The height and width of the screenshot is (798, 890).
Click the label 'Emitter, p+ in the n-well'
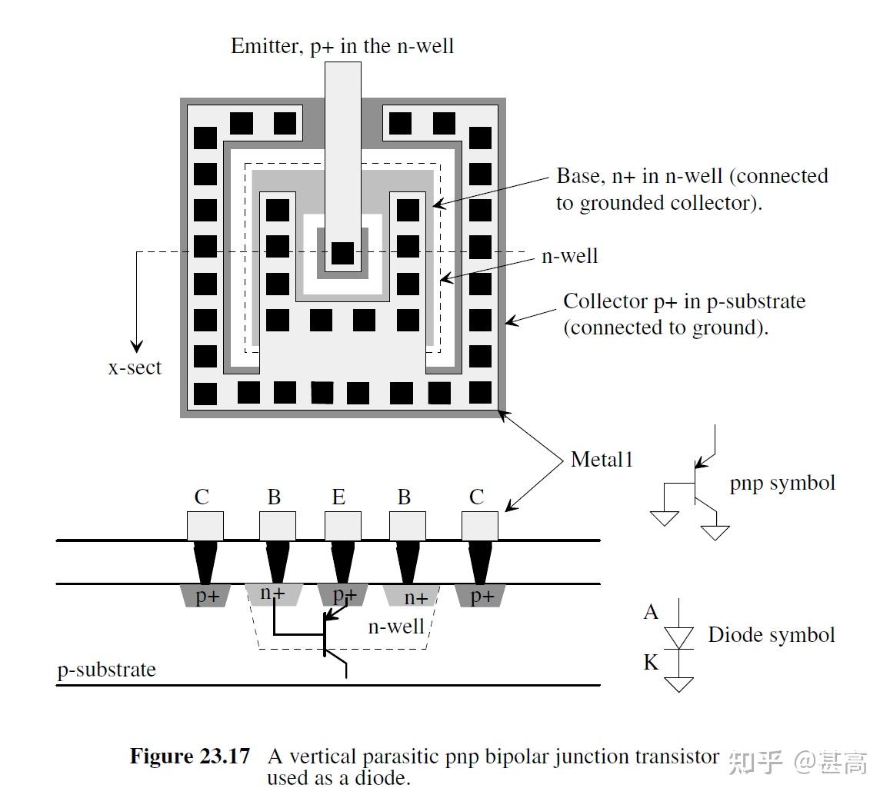[x=342, y=46]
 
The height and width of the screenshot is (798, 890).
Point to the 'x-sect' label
[x=135, y=367]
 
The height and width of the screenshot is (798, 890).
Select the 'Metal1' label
[x=602, y=460]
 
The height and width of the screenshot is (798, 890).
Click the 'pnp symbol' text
[x=782, y=484]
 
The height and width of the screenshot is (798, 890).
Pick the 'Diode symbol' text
[x=771, y=635]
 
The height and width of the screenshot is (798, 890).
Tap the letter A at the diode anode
[x=651, y=612]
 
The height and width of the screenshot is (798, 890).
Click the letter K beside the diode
[x=651, y=662]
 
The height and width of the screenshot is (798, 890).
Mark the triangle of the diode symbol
[x=678, y=637]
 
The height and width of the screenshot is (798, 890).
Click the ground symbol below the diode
[x=678, y=683]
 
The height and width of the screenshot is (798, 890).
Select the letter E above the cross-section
[x=338, y=497]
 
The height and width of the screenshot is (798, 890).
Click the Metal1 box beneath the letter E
[x=342, y=526]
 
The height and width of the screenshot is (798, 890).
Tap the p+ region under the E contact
[x=343, y=595]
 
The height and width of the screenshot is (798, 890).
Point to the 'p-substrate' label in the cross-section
[x=107, y=670]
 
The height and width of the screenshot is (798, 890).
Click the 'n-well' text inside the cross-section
[x=396, y=627]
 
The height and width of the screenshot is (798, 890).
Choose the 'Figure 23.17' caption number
[x=190, y=756]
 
